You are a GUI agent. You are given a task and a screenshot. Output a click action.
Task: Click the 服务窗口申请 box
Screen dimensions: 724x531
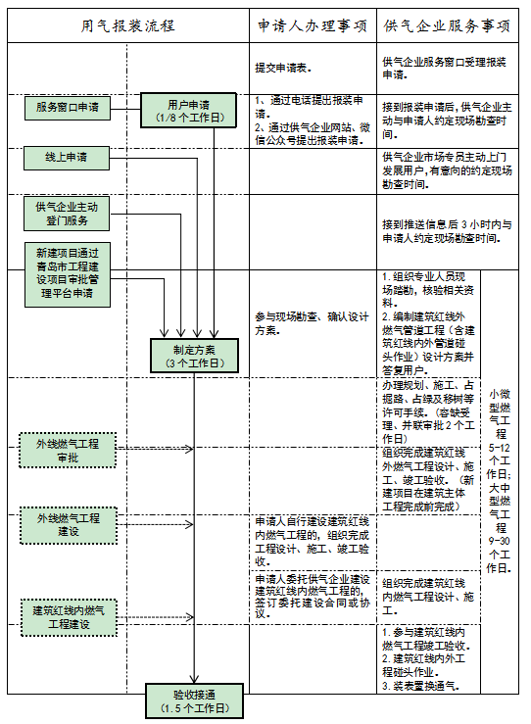point(68,108)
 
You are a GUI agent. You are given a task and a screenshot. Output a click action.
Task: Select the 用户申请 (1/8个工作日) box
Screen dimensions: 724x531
point(189,110)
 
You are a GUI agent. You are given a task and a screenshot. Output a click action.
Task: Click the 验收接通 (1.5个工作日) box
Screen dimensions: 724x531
point(193,700)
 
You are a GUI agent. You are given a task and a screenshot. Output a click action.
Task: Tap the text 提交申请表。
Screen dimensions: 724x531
point(283,68)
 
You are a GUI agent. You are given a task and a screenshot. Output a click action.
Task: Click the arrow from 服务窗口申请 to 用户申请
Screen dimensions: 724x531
point(125,108)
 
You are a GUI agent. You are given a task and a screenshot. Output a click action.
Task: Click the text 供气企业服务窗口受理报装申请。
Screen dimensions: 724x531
point(445,68)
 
